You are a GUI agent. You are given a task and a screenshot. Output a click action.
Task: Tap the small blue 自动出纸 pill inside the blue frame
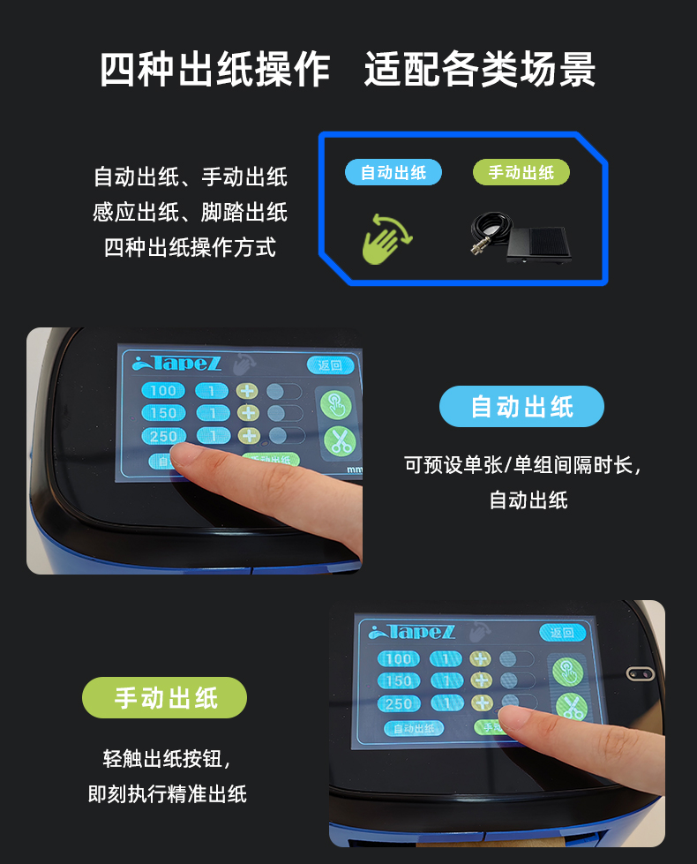coord(393,173)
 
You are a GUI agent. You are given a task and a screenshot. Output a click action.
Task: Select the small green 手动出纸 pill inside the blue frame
coord(521,173)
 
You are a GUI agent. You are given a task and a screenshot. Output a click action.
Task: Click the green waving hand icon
coord(387,236)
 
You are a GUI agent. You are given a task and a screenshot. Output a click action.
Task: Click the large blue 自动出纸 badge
coord(521,407)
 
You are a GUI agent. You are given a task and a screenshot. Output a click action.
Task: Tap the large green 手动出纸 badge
coord(165,698)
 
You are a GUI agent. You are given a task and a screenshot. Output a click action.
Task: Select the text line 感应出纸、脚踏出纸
coord(191,213)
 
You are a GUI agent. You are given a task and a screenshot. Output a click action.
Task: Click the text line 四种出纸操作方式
coord(191,248)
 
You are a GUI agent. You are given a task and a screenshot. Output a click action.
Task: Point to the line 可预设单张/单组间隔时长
coord(521,465)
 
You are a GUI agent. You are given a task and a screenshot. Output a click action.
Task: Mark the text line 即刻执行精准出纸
coord(168,794)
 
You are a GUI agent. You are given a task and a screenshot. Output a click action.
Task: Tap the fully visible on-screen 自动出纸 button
coord(414,728)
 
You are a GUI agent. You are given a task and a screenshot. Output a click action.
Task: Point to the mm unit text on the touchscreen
coord(355,470)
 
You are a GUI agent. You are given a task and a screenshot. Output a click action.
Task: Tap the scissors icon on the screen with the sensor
coord(569,707)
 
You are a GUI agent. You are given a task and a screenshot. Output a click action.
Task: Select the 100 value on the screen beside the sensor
coord(399,658)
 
